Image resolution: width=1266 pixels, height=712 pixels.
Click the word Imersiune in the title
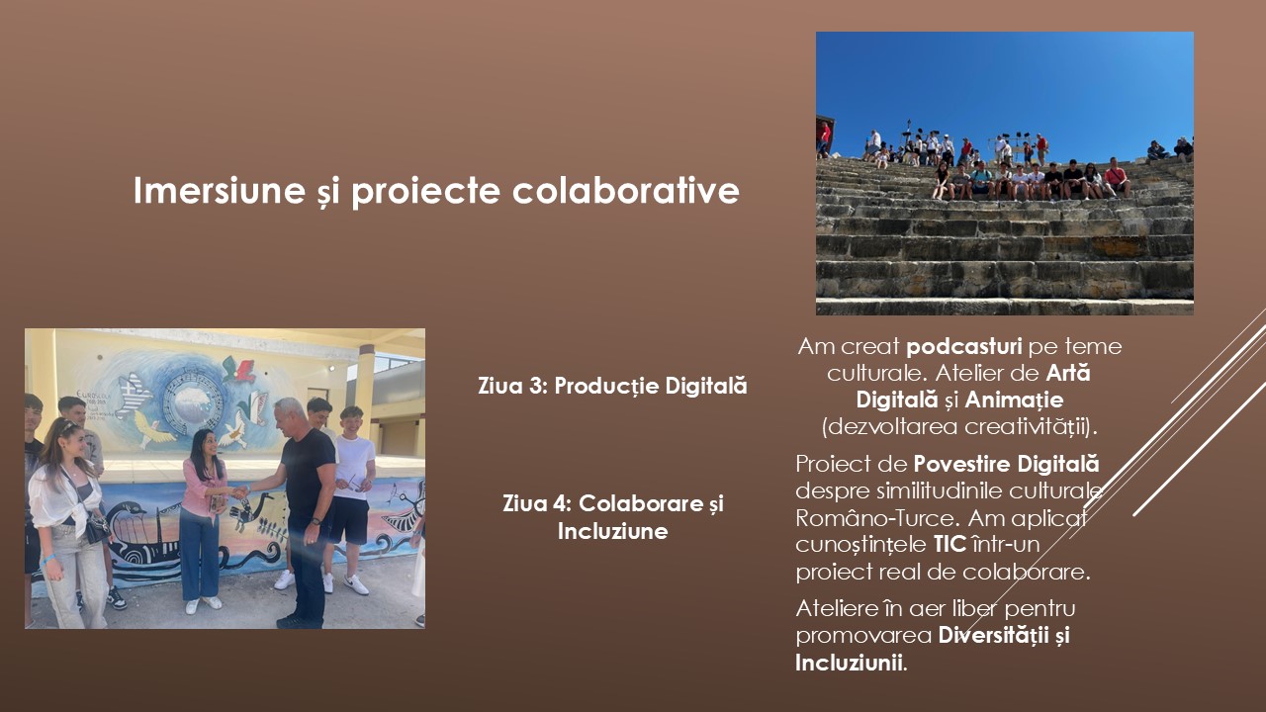[220, 190]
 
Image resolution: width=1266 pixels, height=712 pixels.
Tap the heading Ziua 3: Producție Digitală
[612, 386]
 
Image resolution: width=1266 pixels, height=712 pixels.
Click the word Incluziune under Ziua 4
[612, 531]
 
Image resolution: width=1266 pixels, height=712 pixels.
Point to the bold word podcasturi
[963, 347]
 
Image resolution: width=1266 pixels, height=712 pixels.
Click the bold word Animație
[1014, 400]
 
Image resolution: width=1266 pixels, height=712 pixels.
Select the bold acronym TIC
[949, 545]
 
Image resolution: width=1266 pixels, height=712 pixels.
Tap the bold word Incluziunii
[849, 663]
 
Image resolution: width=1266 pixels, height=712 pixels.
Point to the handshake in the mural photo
[239, 492]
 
